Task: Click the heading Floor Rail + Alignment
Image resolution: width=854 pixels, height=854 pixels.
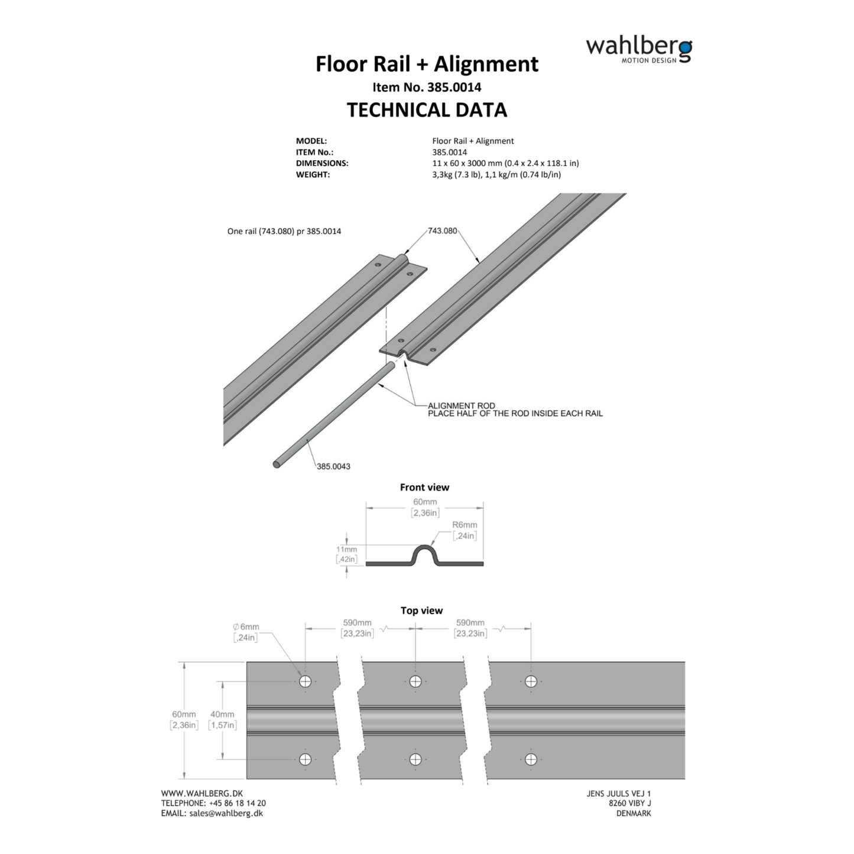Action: tap(427, 64)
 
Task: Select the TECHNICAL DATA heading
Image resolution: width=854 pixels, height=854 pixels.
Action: tap(427, 110)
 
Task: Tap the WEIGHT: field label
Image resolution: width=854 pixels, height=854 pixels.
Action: tap(313, 174)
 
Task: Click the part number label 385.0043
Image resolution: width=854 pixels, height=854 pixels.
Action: tap(333, 466)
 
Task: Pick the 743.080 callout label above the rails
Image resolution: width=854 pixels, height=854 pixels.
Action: tap(442, 230)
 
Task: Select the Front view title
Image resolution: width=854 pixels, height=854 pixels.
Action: tap(424, 488)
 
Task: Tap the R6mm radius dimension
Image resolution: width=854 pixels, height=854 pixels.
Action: tap(465, 525)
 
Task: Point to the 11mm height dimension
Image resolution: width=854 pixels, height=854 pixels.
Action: tap(346, 549)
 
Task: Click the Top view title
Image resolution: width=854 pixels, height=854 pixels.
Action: tap(421, 611)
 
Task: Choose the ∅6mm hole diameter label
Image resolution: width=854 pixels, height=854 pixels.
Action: tap(246, 627)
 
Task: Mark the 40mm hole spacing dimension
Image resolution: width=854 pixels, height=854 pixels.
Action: tap(222, 715)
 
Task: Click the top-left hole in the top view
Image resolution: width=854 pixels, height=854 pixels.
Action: tap(305, 681)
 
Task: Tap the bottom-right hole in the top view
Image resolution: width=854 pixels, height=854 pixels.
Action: tap(531, 759)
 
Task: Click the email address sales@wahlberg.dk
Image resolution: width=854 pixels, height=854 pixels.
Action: tap(226, 813)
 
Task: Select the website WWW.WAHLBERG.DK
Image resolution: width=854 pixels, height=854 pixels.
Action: tap(202, 793)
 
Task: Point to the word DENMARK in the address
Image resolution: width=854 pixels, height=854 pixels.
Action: tap(634, 813)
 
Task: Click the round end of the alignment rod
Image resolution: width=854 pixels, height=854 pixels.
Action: tap(277, 465)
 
